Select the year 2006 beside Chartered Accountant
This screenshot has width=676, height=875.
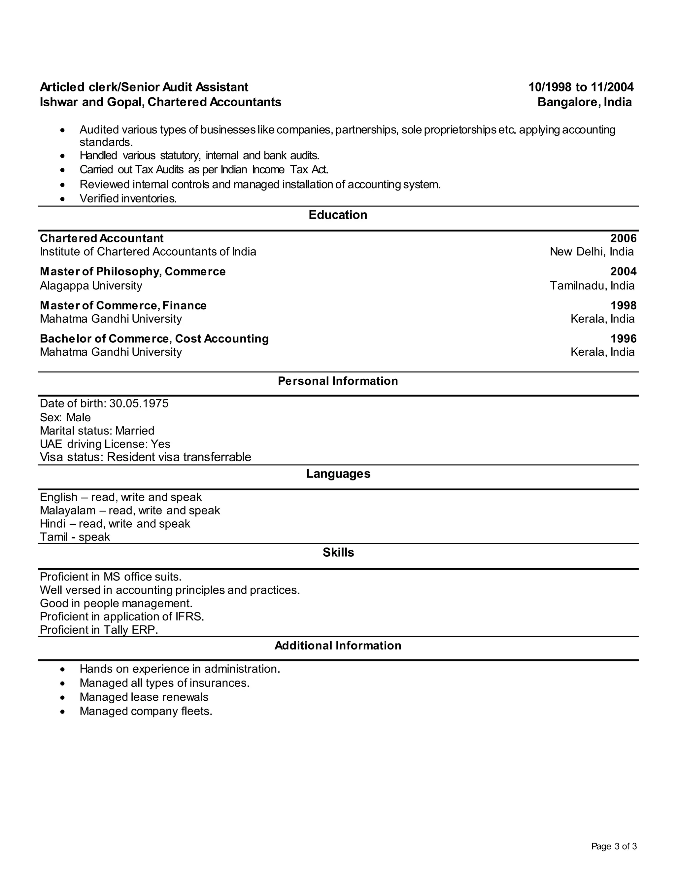[x=623, y=238]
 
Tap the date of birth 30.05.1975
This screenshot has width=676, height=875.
[x=139, y=403]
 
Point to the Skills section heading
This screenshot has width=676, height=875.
[x=338, y=552]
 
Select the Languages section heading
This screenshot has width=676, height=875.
[x=338, y=473]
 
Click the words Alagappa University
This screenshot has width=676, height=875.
[x=91, y=286]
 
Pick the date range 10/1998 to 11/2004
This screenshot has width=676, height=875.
[x=581, y=87]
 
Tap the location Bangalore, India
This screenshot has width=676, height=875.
[x=584, y=102]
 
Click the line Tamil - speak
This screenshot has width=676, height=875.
[x=75, y=537]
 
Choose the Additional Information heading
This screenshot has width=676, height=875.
[x=338, y=646]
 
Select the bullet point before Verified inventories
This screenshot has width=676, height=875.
[x=62, y=199]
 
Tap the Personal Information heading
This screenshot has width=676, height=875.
[x=338, y=381]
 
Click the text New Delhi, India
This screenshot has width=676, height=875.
[x=591, y=252]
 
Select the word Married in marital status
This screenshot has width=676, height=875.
[x=135, y=431]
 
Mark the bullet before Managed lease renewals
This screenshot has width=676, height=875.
[x=62, y=697]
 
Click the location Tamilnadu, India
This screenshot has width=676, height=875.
[x=592, y=286]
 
